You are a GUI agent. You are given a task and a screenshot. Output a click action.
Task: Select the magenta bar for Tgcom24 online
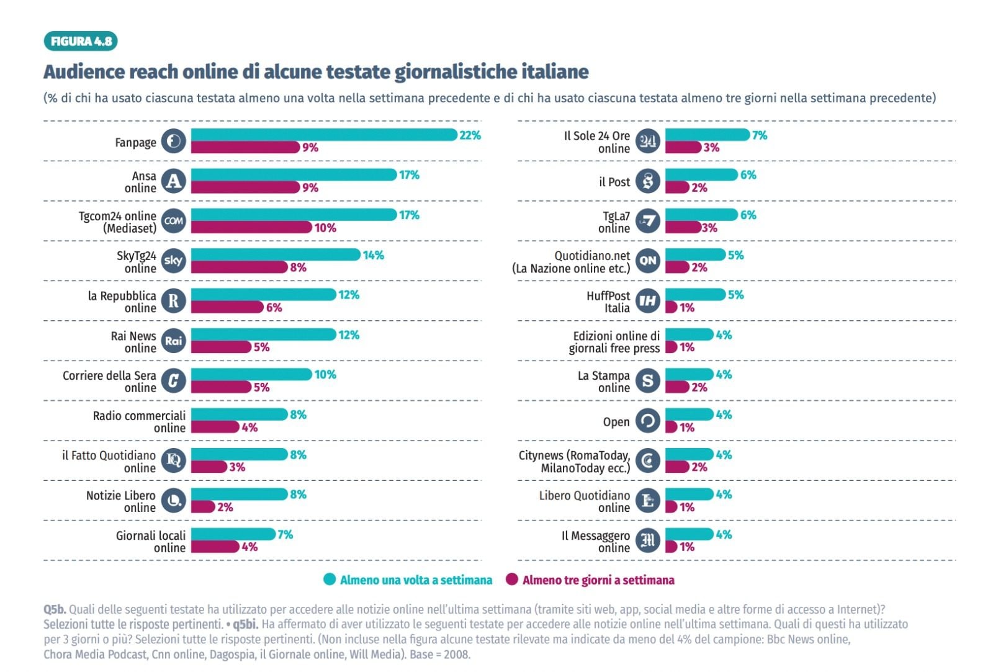251,228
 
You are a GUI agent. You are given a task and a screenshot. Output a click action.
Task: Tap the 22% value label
470,135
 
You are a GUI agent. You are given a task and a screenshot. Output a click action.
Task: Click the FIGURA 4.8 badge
81,42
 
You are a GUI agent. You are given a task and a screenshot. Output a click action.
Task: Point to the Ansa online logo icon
174,181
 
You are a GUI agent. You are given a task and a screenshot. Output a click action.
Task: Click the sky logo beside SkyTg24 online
174,261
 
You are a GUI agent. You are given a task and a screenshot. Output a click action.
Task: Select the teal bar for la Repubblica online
264,295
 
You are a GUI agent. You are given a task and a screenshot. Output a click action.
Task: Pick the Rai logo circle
174,341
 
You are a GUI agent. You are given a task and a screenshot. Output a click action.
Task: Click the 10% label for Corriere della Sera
325,375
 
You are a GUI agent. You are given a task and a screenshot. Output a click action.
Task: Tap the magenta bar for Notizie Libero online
203,507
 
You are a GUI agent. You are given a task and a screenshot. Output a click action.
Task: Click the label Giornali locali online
151,541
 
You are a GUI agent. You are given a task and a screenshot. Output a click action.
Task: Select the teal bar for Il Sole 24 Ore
708,135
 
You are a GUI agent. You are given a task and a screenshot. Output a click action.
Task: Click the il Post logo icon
648,181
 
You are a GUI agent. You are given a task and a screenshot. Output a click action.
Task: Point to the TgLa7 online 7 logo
648,221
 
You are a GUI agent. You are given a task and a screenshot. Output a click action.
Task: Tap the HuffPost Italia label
608,302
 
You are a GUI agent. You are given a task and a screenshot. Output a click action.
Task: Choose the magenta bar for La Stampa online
677,387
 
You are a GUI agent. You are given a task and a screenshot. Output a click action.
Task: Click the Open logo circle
648,421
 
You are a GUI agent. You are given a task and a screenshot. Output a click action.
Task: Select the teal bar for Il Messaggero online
690,534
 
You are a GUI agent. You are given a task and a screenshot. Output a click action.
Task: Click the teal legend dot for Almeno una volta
330,580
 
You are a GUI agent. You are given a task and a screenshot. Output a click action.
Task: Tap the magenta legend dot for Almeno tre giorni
512,580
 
